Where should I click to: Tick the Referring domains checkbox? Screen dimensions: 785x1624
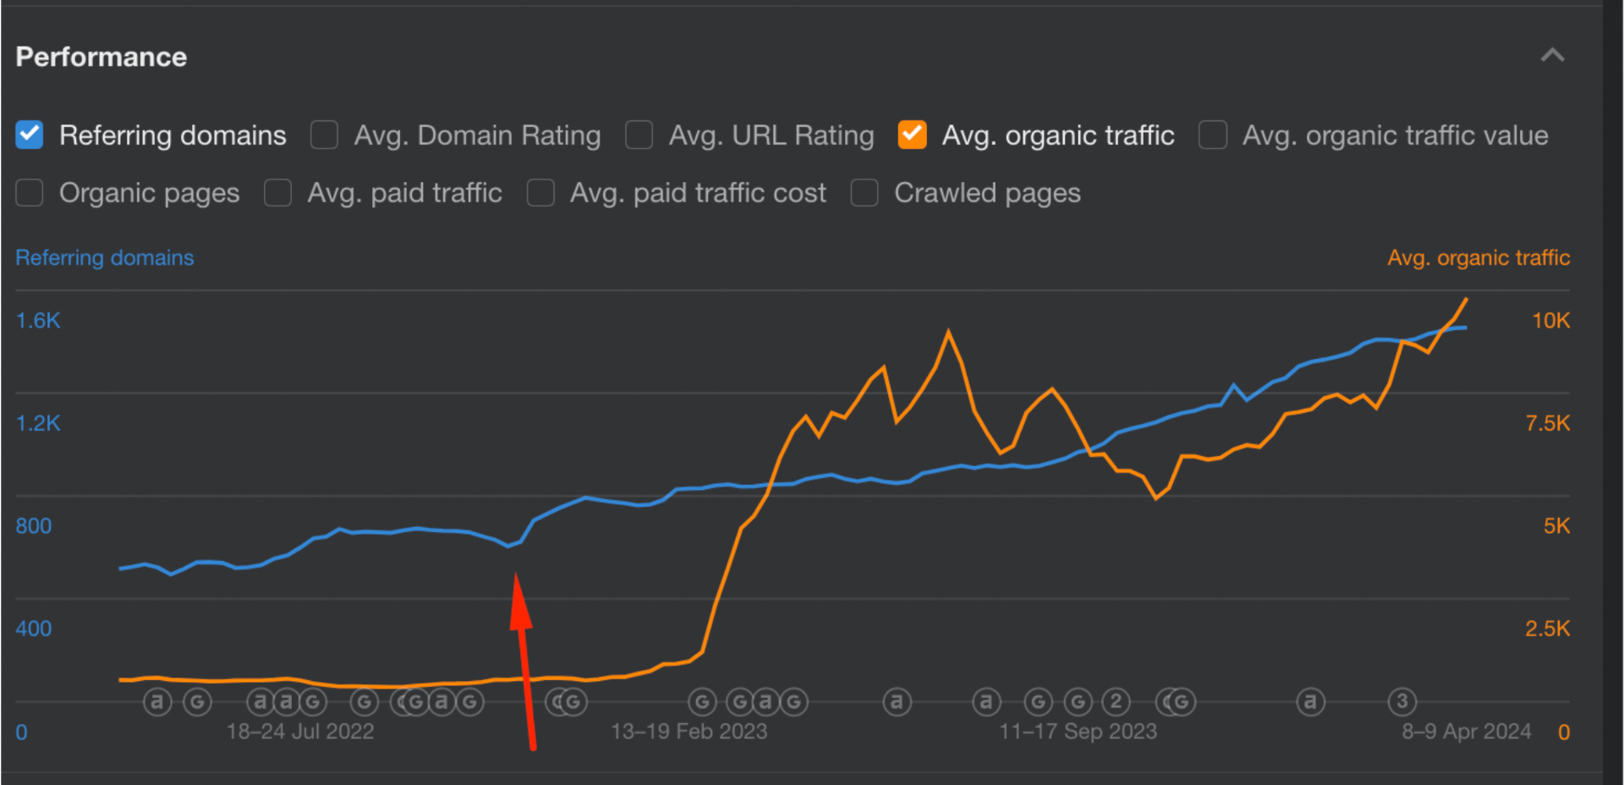30,135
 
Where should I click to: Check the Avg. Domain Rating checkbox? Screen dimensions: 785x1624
324,135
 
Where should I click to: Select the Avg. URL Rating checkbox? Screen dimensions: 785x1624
639,135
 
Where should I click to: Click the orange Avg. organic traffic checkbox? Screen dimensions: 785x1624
912,135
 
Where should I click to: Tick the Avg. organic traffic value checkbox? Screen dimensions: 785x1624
1212,135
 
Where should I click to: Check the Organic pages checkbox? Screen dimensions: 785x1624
30,193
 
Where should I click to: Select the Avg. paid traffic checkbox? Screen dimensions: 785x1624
277,193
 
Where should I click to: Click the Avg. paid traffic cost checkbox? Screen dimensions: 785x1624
540,193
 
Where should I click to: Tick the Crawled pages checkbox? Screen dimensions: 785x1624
864,193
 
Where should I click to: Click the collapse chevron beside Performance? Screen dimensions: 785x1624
1552,56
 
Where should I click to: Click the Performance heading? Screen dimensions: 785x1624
101,57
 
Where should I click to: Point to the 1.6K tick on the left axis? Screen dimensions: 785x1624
38,321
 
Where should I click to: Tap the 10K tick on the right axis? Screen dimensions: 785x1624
1550,321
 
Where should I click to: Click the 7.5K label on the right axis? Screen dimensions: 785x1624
1547,423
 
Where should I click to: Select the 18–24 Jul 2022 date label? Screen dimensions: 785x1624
300,731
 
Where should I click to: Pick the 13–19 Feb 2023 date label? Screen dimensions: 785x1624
689,731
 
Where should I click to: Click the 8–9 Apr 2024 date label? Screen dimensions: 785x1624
1466,731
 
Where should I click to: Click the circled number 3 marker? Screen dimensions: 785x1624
1402,701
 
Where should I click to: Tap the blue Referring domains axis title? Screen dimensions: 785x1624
105,257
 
